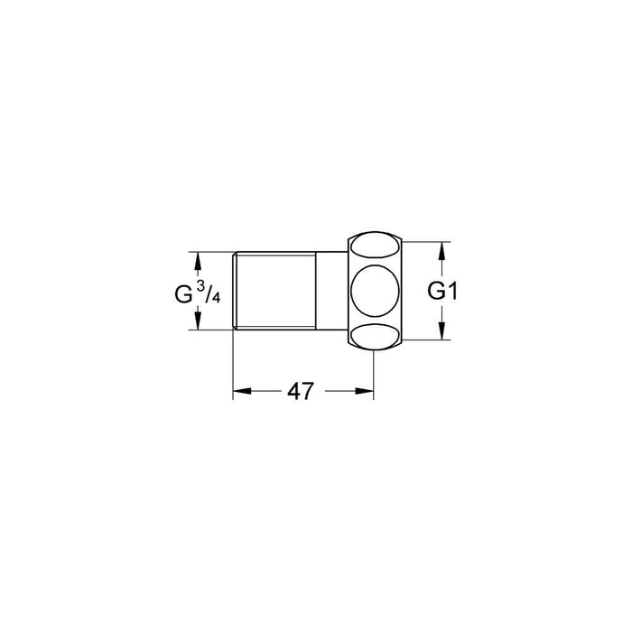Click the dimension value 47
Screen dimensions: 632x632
point(301,391)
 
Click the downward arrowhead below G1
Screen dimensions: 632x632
point(442,332)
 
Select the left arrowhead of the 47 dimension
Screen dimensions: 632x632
point(240,391)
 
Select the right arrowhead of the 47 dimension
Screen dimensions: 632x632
point(367,391)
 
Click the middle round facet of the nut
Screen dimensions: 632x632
point(375,291)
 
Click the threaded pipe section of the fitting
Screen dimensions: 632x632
point(274,291)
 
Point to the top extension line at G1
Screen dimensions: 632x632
point(424,243)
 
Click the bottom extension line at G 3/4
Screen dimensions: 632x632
point(212,331)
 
